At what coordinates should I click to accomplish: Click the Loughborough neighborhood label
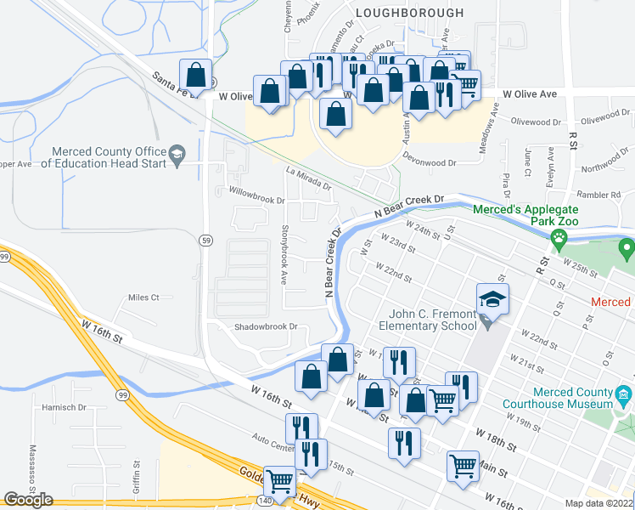pyautogui.click(x=410, y=13)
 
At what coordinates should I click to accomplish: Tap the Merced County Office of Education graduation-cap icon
pyautogui.click(x=177, y=154)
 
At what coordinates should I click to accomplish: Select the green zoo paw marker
pyautogui.click(x=559, y=236)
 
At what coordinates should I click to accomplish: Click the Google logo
pyautogui.click(x=28, y=500)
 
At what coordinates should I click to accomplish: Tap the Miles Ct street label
pyautogui.click(x=143, y=297)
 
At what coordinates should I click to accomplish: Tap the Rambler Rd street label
pyautogui.click(x=603, y=195)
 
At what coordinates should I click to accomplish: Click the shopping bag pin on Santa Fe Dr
pyautogui.click(x=196, y=75)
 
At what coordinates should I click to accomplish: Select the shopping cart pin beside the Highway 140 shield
pyautogui.click(x=280, y=482)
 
